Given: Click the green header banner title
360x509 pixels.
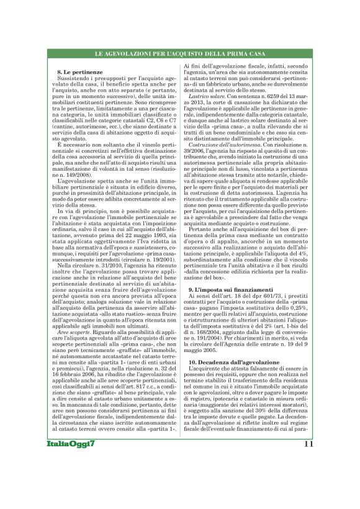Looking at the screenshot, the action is click(x=179, y=56).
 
